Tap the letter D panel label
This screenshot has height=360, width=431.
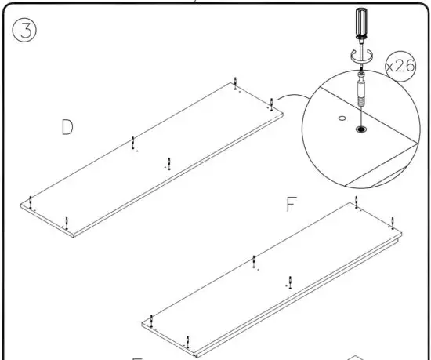coord(69,128)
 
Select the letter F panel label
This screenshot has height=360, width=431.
coord(291,205)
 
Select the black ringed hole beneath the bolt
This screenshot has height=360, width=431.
coord(361,128)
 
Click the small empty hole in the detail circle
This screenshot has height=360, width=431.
coord(341,118)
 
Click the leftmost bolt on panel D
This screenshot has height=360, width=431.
coord(30,201)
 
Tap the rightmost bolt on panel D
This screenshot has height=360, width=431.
coord(271,103)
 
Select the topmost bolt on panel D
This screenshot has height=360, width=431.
coord(236,83)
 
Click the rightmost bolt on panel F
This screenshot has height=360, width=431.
coord(393,221)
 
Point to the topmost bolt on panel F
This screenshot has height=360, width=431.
coord(357,205)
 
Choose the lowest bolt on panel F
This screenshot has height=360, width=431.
coord(187,340)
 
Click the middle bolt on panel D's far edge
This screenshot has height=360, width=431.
coord(133,143)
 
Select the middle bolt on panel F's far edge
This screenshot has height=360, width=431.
coord(254,261)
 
